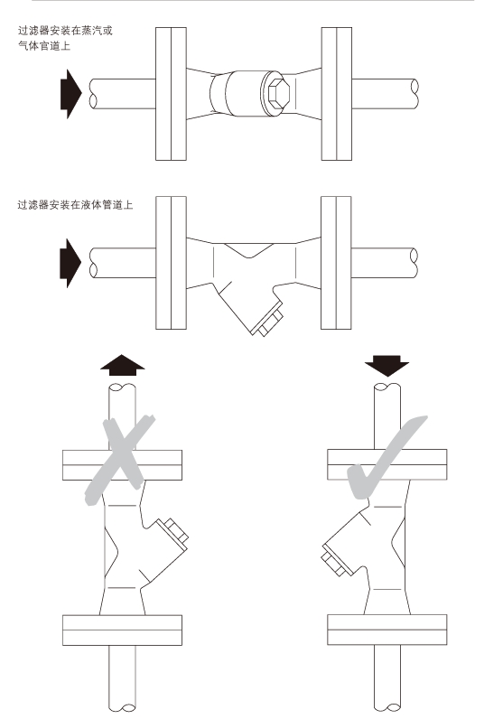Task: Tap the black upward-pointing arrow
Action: click(x=121, y=363)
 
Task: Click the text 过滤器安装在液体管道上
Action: click(x=76, y=205)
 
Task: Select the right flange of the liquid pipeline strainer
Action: click(x=335, y=262)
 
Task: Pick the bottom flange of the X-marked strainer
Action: click(x=122, y=628)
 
